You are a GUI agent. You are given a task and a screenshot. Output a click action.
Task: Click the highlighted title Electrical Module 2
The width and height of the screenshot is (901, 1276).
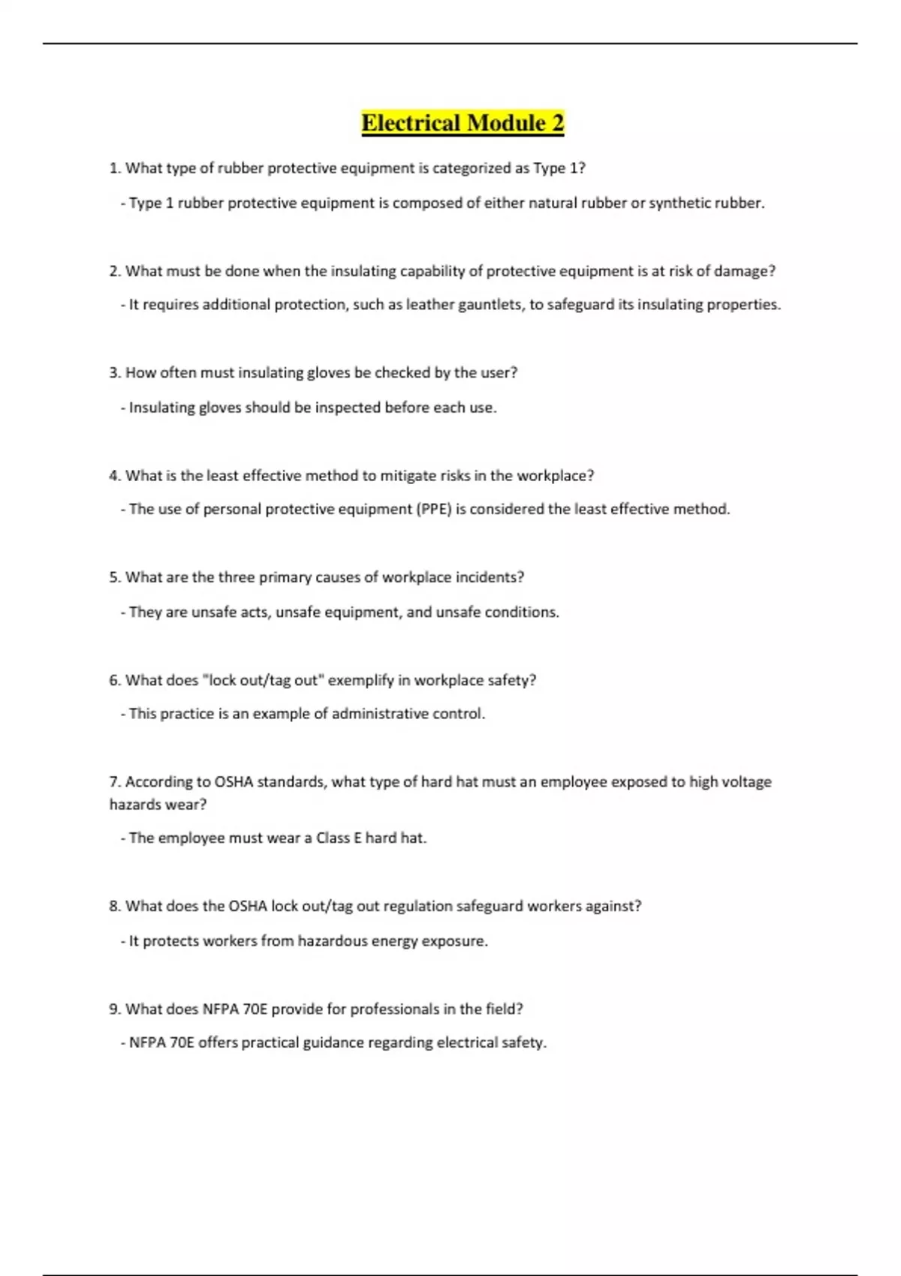coord(463,122)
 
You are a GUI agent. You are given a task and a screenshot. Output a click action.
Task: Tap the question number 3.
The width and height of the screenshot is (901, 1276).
coord(114,373)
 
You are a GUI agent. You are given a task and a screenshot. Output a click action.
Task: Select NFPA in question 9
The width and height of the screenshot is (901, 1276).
coord(220,1010)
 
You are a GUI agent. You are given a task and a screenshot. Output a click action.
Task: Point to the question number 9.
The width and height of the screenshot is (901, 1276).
coord(114,1010)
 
